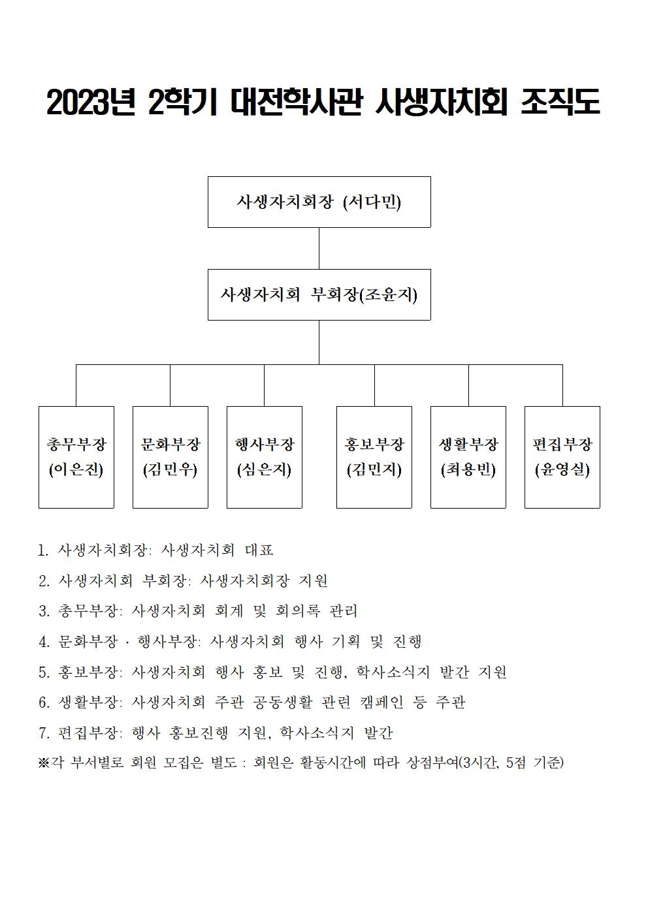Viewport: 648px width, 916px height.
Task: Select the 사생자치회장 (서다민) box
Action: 319,202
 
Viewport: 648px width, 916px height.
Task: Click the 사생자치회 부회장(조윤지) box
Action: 319,294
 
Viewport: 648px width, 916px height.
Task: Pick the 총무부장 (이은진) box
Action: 76,457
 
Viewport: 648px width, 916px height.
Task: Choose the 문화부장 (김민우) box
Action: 170,457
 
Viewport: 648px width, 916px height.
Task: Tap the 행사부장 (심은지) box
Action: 265,457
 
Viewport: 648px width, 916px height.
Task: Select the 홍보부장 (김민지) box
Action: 374,457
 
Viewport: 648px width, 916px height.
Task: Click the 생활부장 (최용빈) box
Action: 468,457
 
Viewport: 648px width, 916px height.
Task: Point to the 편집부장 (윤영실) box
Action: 562,457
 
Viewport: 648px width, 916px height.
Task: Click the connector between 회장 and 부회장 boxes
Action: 319,248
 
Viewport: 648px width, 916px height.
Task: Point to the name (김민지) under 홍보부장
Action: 374,469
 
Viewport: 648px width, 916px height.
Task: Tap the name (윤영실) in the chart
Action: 562,469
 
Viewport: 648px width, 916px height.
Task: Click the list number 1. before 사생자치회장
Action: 43,550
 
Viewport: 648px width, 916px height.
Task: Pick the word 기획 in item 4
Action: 346,641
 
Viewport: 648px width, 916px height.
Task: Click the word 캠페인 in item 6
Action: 381,702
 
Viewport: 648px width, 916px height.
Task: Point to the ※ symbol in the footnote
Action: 43,763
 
